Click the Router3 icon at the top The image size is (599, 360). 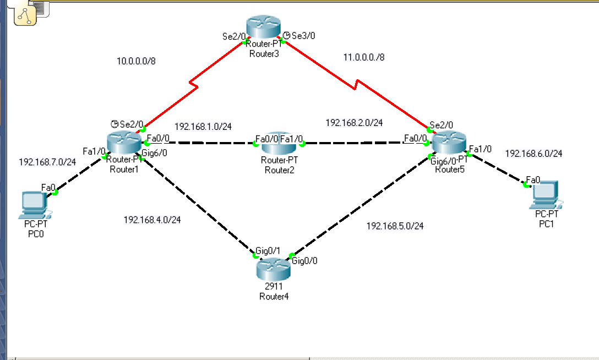264,26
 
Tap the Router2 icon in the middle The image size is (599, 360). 279,144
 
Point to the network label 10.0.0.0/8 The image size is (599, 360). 136,61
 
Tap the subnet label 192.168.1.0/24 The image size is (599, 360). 203,126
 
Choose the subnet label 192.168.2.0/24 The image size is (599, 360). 354,123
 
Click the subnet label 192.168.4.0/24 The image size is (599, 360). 152,220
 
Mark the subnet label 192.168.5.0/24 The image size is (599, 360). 395,226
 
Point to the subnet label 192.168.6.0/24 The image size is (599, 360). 533,154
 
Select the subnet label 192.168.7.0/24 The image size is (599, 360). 47,162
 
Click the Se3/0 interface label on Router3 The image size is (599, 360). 303,36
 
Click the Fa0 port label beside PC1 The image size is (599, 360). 533,180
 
